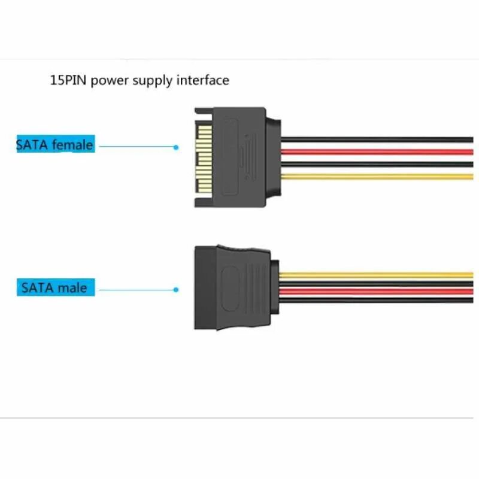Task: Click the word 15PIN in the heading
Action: pyautogui.click(x=68, y=80)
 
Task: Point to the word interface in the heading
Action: pyautogui.click(x=202, y=80)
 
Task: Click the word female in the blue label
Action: pyautogui.click(x=72, y=144)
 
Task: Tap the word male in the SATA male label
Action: pyautogui.click(x=72, y=287)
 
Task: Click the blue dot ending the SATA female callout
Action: pyautogui.click(x=176, y=147)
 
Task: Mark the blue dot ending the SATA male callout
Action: pyautogui.click(x=176, y=290)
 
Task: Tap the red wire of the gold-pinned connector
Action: pyautogui.click(x=377, y=151)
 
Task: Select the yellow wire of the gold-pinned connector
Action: pyautogui.click(x=377, y=177)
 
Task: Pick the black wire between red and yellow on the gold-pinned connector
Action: pyautogui.click(x=377, y=164)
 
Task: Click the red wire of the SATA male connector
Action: pyautogui.click(x=377, y=292)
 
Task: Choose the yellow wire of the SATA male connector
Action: pyautogui.click(x=377, y=275)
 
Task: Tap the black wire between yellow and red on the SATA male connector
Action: pyautogui.click(x=377, y=284)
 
